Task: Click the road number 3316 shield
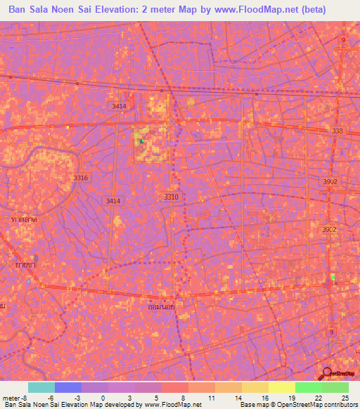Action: coord(81,178)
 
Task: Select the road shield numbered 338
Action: coord(338,131)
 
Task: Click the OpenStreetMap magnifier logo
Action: coord(328,373)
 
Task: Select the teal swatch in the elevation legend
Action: coord(41,387)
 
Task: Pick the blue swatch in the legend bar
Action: coord(68,387)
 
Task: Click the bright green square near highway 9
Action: coord(333,277)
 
